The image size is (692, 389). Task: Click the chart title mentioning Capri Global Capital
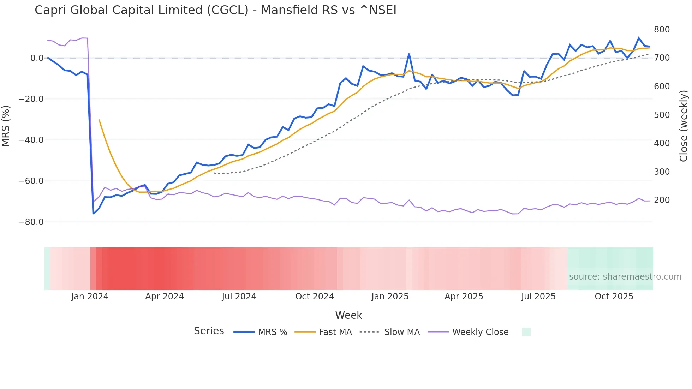(215, 10)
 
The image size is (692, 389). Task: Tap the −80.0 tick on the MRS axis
(31, 222)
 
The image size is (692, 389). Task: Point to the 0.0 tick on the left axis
(37, 58)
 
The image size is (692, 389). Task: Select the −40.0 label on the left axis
(31, 140)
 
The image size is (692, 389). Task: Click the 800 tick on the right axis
(662, 30)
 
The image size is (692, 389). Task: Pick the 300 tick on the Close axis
(662, 172)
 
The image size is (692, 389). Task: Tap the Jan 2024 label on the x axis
(90, 297)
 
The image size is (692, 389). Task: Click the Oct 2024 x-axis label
(315, 297)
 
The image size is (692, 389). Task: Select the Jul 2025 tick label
(538, 297)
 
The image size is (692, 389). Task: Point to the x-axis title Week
(348, 315)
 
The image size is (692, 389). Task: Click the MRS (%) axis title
(6, 126)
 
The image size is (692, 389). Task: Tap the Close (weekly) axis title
(684, 126)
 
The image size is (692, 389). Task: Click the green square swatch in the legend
(526, 332)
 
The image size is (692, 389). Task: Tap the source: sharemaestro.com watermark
(625, 277)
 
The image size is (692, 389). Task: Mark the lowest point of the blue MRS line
(94, 214)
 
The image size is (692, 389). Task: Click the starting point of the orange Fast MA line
(99, 120)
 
